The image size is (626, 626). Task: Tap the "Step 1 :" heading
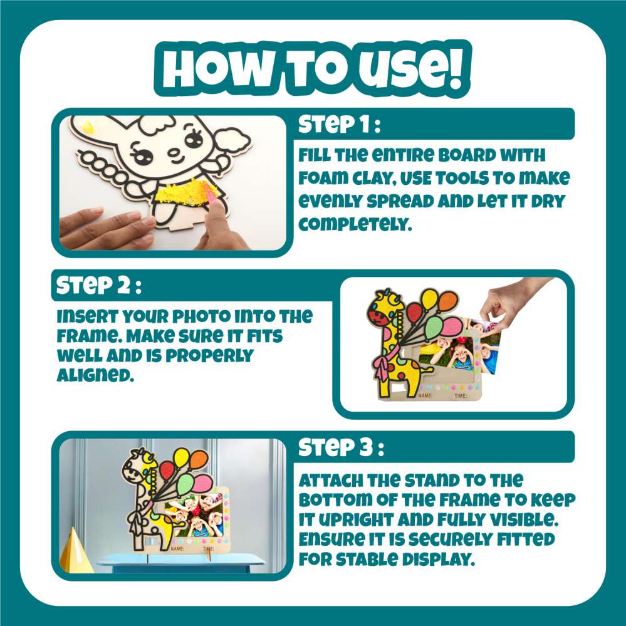click(339, 124)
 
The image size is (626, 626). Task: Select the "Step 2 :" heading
click(98, 286)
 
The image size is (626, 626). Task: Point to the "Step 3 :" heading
click(341, 447)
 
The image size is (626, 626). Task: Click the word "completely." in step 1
click(355, 224)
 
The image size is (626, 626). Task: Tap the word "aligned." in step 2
click(95, 375)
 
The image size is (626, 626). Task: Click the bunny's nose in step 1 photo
click(174, 152)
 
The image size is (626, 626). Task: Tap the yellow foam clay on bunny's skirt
click(182, 194)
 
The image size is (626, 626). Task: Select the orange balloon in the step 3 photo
click(199, 461)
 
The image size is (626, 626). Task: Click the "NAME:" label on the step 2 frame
click(425, 395)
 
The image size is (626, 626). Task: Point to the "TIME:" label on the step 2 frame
click(461, 396)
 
